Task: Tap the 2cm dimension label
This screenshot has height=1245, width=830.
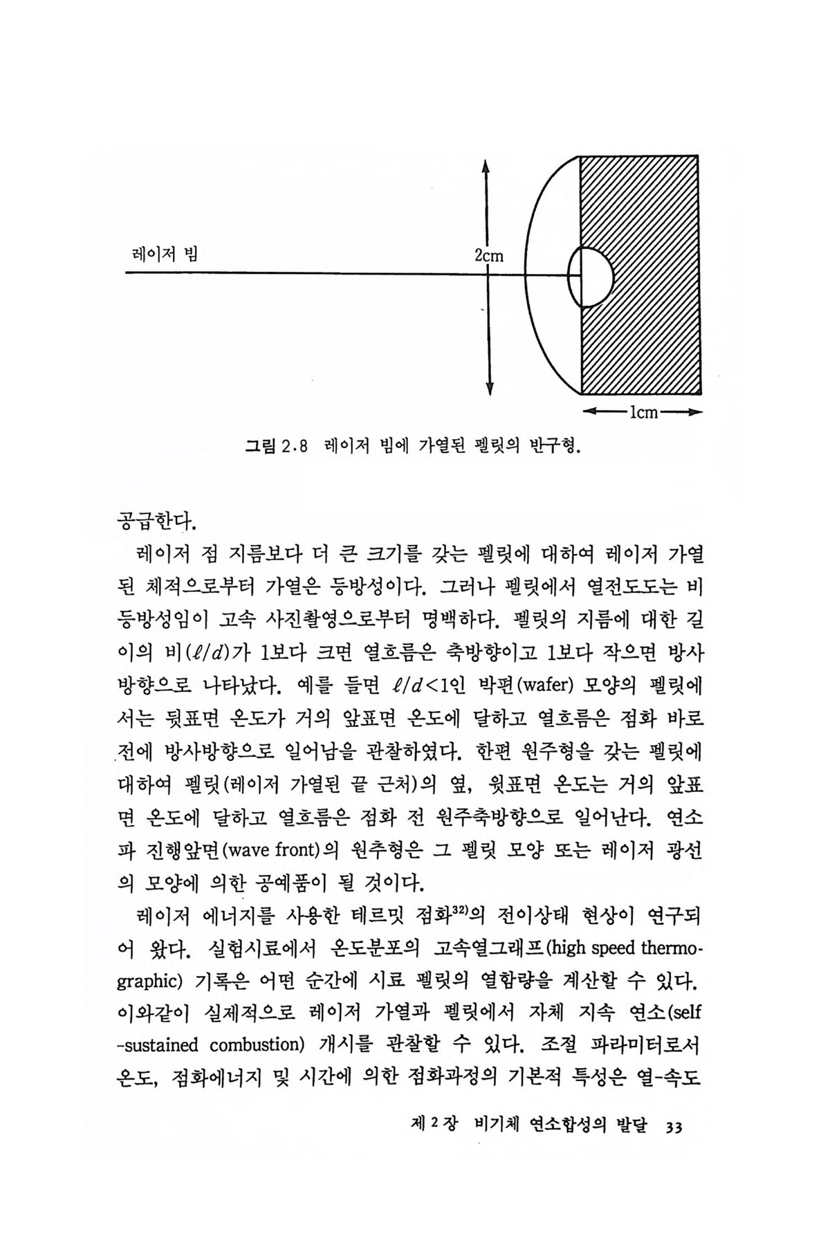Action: [490, 257]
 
